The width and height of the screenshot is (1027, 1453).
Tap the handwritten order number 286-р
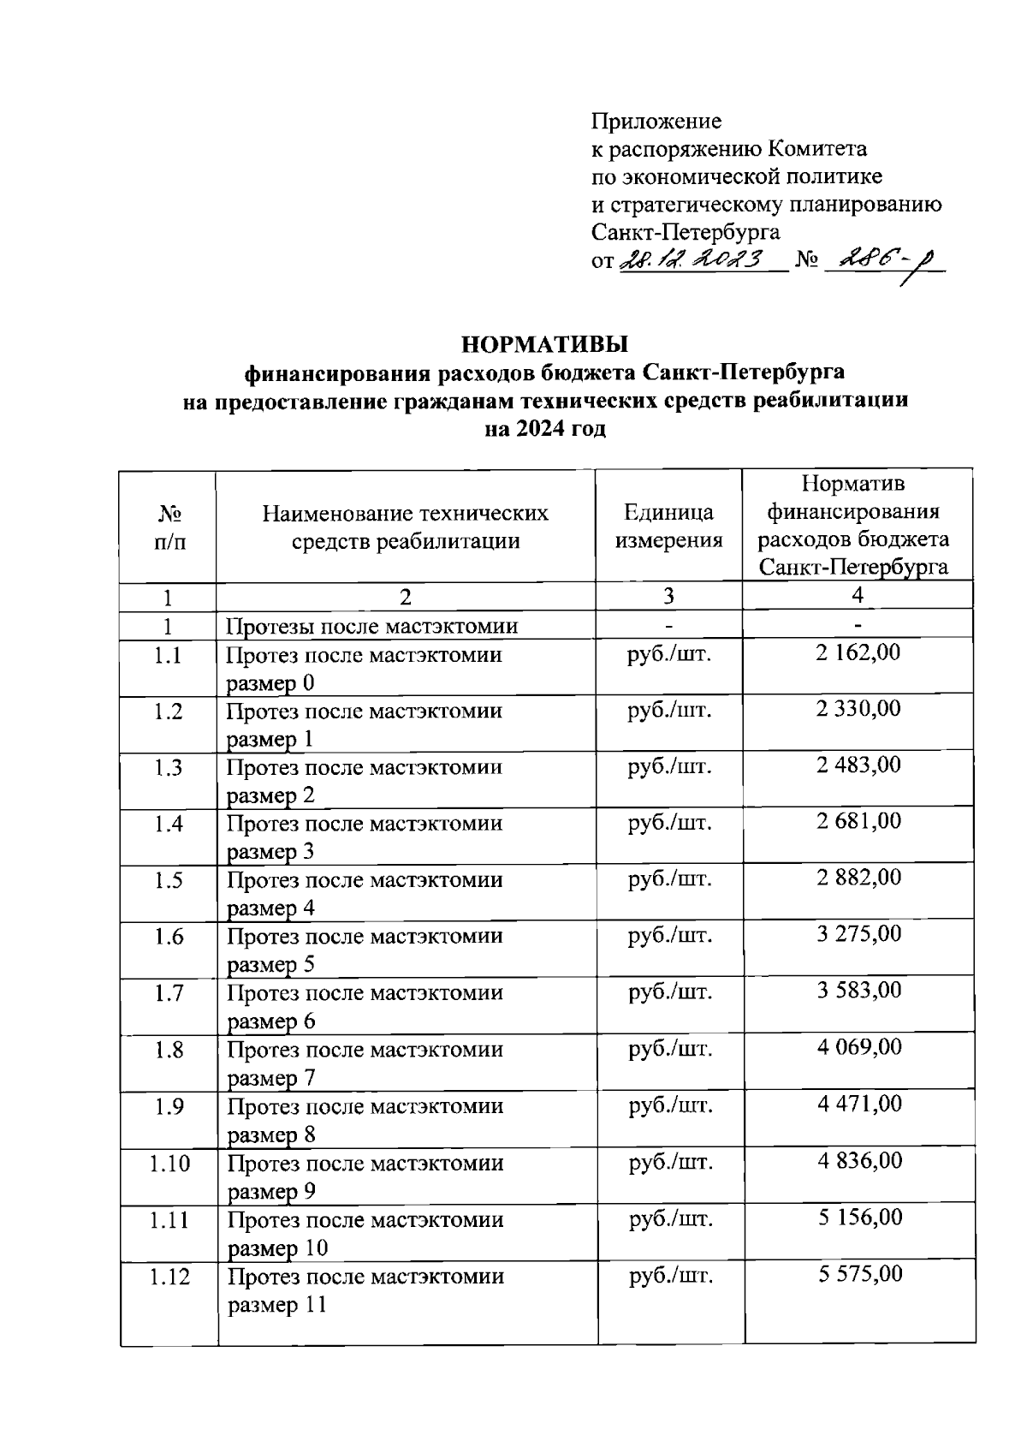click(x=882, y=259)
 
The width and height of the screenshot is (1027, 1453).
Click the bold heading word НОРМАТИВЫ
click(x=545, y=344)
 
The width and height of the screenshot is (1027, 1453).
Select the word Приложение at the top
click(x=656, y=122)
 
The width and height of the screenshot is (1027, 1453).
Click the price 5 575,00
click(x=860, y=1274)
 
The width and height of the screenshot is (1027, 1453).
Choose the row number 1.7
click(x=169, y=993)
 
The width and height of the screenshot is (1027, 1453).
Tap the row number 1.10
click(x=169, y=1163)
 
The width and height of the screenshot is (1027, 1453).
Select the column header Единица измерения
click(x=668, y=527)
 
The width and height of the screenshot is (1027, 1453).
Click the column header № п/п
click(x=168, y=527)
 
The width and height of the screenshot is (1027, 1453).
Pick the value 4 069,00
click(x=859, y=1047)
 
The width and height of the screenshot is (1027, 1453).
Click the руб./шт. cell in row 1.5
click(x=670, y=879)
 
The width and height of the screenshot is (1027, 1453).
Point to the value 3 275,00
click(x=859, y=934)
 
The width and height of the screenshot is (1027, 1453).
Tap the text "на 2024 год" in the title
click(x=545, y=429)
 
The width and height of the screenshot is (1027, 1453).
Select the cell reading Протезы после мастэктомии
click(x=372, y=626)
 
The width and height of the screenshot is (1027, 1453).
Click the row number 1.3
click(x=169, y=767)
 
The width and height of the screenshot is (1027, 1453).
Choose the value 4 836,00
click(x=859, y=1161)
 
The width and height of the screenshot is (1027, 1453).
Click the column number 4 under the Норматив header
click(x=858, y=595)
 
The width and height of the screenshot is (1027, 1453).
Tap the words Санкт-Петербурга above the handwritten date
click(x=686, y=232)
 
